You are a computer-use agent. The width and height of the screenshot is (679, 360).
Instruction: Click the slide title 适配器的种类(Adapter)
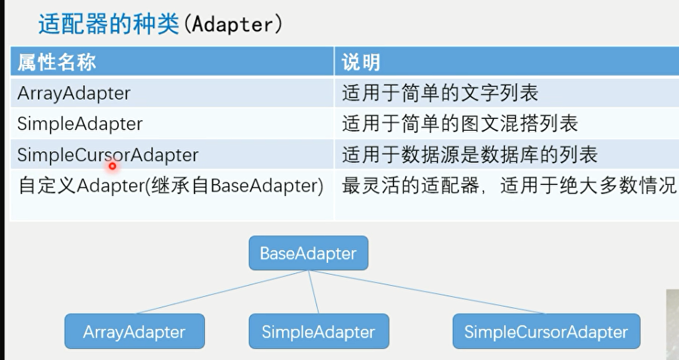160,24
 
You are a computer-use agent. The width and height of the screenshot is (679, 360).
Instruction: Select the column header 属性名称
57,62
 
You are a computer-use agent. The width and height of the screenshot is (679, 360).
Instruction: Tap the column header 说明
361,62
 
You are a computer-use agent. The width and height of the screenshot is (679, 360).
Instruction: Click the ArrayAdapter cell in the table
74,93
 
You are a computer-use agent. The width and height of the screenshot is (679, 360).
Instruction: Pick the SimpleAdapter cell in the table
80,124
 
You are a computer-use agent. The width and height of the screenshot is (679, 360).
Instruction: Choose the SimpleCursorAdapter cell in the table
108,155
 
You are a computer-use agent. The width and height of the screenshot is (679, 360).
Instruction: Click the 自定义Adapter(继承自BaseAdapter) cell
171,186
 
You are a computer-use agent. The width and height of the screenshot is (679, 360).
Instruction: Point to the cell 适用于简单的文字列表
440,93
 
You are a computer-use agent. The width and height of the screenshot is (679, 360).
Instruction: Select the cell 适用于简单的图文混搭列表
460,124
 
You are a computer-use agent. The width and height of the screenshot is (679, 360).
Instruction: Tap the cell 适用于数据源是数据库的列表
470,155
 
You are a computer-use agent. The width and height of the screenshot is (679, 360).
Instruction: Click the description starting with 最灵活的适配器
509,186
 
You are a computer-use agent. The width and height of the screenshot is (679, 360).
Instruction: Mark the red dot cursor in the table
112,166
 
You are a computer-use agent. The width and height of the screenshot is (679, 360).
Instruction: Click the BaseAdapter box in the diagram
308,253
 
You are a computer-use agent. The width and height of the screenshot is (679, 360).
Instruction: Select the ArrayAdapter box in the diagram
134,331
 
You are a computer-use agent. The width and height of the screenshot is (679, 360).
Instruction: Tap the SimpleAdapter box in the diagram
319,331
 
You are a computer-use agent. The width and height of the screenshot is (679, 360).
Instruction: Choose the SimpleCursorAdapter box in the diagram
546,331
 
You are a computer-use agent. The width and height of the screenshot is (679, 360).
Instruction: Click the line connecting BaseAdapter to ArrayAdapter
221,292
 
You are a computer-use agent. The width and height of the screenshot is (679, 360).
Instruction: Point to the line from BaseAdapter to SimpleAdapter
314,292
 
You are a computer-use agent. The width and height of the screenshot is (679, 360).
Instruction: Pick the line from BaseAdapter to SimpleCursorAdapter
427,292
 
